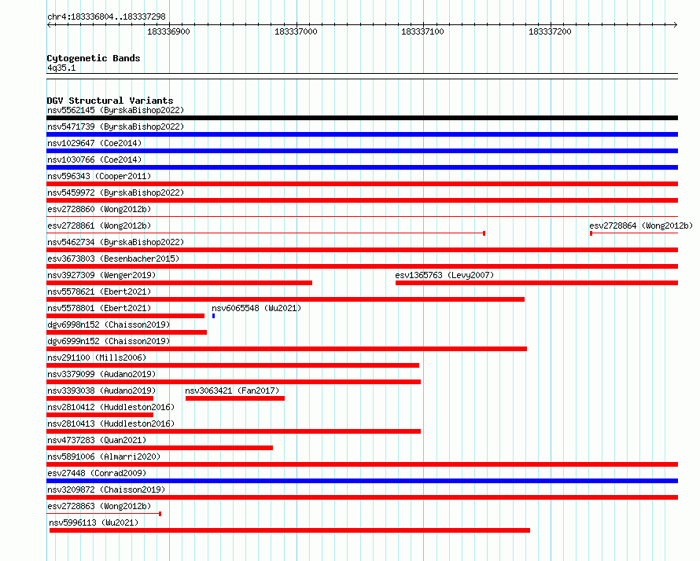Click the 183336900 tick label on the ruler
click(168, 31)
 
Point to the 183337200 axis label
click(550, 31)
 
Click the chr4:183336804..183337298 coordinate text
click(106, 16)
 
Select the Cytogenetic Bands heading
click(94, 58)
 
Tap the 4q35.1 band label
click(61, 68)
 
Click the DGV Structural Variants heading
click(110, 101)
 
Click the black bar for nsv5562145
click(362, 118)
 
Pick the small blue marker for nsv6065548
click(213, 316)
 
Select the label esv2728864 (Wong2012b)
click(641, 225)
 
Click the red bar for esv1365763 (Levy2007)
click(536, 283)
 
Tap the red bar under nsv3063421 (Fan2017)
click(235, 398)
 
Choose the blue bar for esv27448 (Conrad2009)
click(362, 481)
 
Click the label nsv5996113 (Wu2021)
click(94, 522)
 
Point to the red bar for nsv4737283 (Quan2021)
click(160, 448)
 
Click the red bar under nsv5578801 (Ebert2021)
click(125, 316)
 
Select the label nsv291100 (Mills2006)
click(97, 357)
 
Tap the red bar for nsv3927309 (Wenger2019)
click(179, 283)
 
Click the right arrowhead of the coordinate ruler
click(676, 24)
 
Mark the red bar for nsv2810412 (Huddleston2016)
click(100, 415)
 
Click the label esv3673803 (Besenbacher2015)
click(113, 258)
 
